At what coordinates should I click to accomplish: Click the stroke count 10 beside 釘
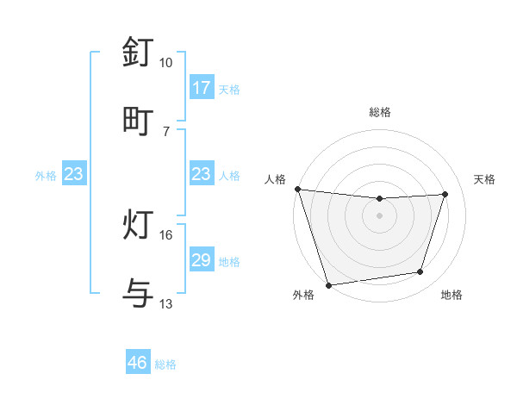pos(165,63)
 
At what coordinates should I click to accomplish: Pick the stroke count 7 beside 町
pos(165,130)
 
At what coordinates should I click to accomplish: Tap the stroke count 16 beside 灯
pos(165,235)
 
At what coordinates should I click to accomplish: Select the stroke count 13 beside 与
pos(165,303)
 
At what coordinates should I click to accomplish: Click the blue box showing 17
pos(202,88)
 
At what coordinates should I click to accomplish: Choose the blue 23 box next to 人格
pos(202,175)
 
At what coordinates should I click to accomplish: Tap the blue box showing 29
pos(202,261)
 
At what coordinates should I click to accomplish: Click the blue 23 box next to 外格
pos(74,175)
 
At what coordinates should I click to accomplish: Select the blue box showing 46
pos(138,363)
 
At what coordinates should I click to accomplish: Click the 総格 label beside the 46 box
pos(165,364)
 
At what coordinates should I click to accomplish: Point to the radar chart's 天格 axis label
pos(485,179)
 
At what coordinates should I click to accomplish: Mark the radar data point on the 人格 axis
pos(297,189)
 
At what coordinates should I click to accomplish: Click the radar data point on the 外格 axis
pos(328,284)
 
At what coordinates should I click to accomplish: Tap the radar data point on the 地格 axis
pos(420,272)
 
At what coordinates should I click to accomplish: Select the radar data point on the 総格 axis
pos(379,199)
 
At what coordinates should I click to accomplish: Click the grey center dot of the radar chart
pos(379,215)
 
